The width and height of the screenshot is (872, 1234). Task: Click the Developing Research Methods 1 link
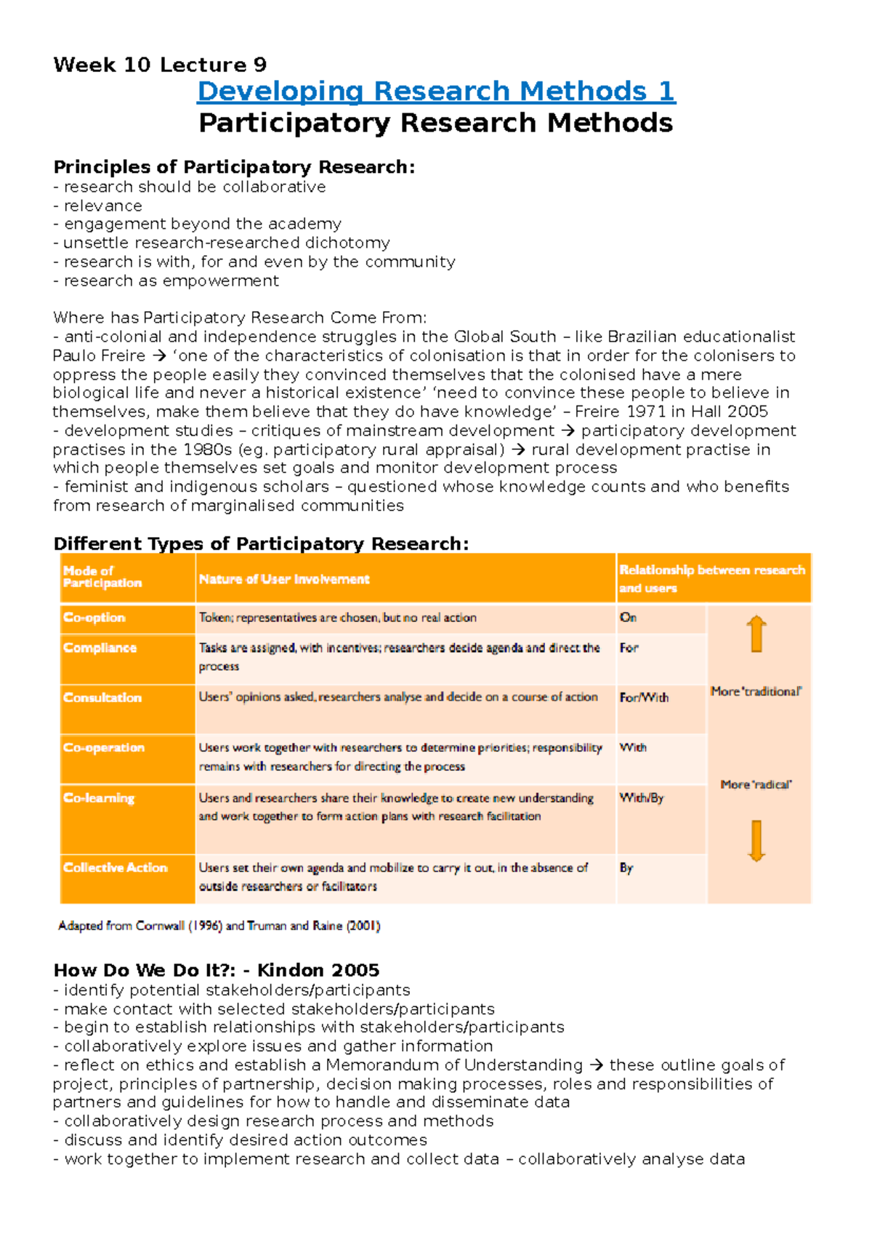coord(436,92)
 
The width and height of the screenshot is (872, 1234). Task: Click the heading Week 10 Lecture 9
coord(160,65)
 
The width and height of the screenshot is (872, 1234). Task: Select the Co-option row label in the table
coord(94,618)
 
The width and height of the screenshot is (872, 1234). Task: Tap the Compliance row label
coord(100,648)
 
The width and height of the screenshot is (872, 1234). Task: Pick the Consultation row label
coord(102,698)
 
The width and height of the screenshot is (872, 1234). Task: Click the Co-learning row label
coord(99,798)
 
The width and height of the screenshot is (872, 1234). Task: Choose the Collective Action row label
coord(115,868)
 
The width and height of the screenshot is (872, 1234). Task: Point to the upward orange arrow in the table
coord(756,634)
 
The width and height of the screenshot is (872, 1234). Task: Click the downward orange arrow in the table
coord(756,841)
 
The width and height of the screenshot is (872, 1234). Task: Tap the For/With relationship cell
coord(644,698)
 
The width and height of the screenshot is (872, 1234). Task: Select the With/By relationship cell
coord(642,798)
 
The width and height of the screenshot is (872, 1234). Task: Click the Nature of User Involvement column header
coord(284,579)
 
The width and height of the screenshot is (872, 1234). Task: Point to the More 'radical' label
coord(756,785)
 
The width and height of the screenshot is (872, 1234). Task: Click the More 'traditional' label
coord(756,692)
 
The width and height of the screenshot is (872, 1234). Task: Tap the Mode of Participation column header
coord(102,577)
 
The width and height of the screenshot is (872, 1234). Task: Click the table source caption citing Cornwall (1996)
coord(219,926)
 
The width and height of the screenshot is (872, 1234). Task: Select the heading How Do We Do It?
coord(216,970)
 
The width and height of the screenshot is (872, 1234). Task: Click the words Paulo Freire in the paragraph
coord(99,356)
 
